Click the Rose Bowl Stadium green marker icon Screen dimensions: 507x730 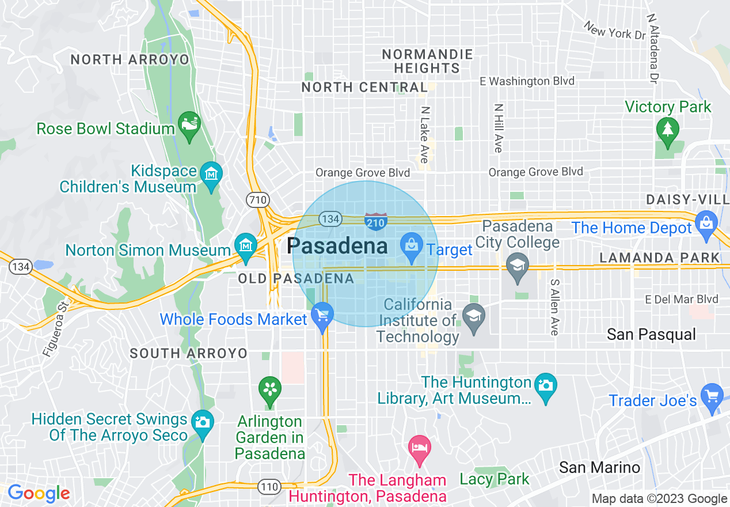point(189,126)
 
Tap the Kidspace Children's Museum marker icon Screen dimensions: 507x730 point(211,173)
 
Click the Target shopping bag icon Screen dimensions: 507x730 point(412,245)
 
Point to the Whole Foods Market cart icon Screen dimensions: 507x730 point(322,316)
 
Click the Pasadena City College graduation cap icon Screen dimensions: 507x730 point(518,266)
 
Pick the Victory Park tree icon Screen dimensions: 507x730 point(667,128)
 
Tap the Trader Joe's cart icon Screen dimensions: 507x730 point(713,396)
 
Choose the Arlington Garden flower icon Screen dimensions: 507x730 point(269,389)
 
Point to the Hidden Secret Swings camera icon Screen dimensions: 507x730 point(202,422)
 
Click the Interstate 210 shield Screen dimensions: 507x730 point(375,221)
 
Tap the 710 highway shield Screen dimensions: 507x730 point(258,200)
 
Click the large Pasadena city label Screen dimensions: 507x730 point(337,246)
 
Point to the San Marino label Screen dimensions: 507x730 point(599,467)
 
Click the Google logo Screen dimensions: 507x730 point(39,493)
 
